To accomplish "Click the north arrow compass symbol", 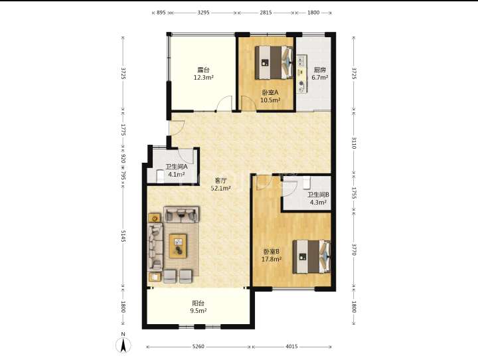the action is pyautogui.click(x=123, y=344).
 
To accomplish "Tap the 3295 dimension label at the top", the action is pyautogui.click(x=203, y=13).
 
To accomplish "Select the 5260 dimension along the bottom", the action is pyautogui.click(x=198, y=347).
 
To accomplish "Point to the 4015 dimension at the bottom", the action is pyautogui.click(x=291, y=347).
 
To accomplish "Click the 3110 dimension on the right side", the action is pyautogui.click(x=354, y=143).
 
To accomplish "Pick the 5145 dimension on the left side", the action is pyautogui.click(x=123, y=236).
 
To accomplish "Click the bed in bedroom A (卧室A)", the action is pyautogui.click(x=274, y=62).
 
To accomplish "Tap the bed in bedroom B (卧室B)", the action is pyautogui.click(x=311, y=256).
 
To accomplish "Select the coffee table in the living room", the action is pyautogui.click(x=178, y=246).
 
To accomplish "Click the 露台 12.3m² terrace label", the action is pyautogui.click(x=203, y=74).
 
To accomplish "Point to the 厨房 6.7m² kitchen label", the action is pyautogui.click(x=320, y=74).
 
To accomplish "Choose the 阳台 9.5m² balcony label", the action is pyautogui.click(x=198, y=307).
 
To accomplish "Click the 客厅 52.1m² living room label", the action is pyautogui.click(x=220, y=184).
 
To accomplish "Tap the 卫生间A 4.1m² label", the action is pyautogui.click(x=176, y=171).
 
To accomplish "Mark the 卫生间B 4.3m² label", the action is pyautogui.click(x=318, y=199).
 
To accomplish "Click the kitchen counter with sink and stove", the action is pyautogui.click(x=302, y=74).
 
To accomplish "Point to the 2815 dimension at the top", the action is pyautogui.click(x=266, y=13).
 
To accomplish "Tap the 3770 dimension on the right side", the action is pyautogui.click(x=354, y=249).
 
